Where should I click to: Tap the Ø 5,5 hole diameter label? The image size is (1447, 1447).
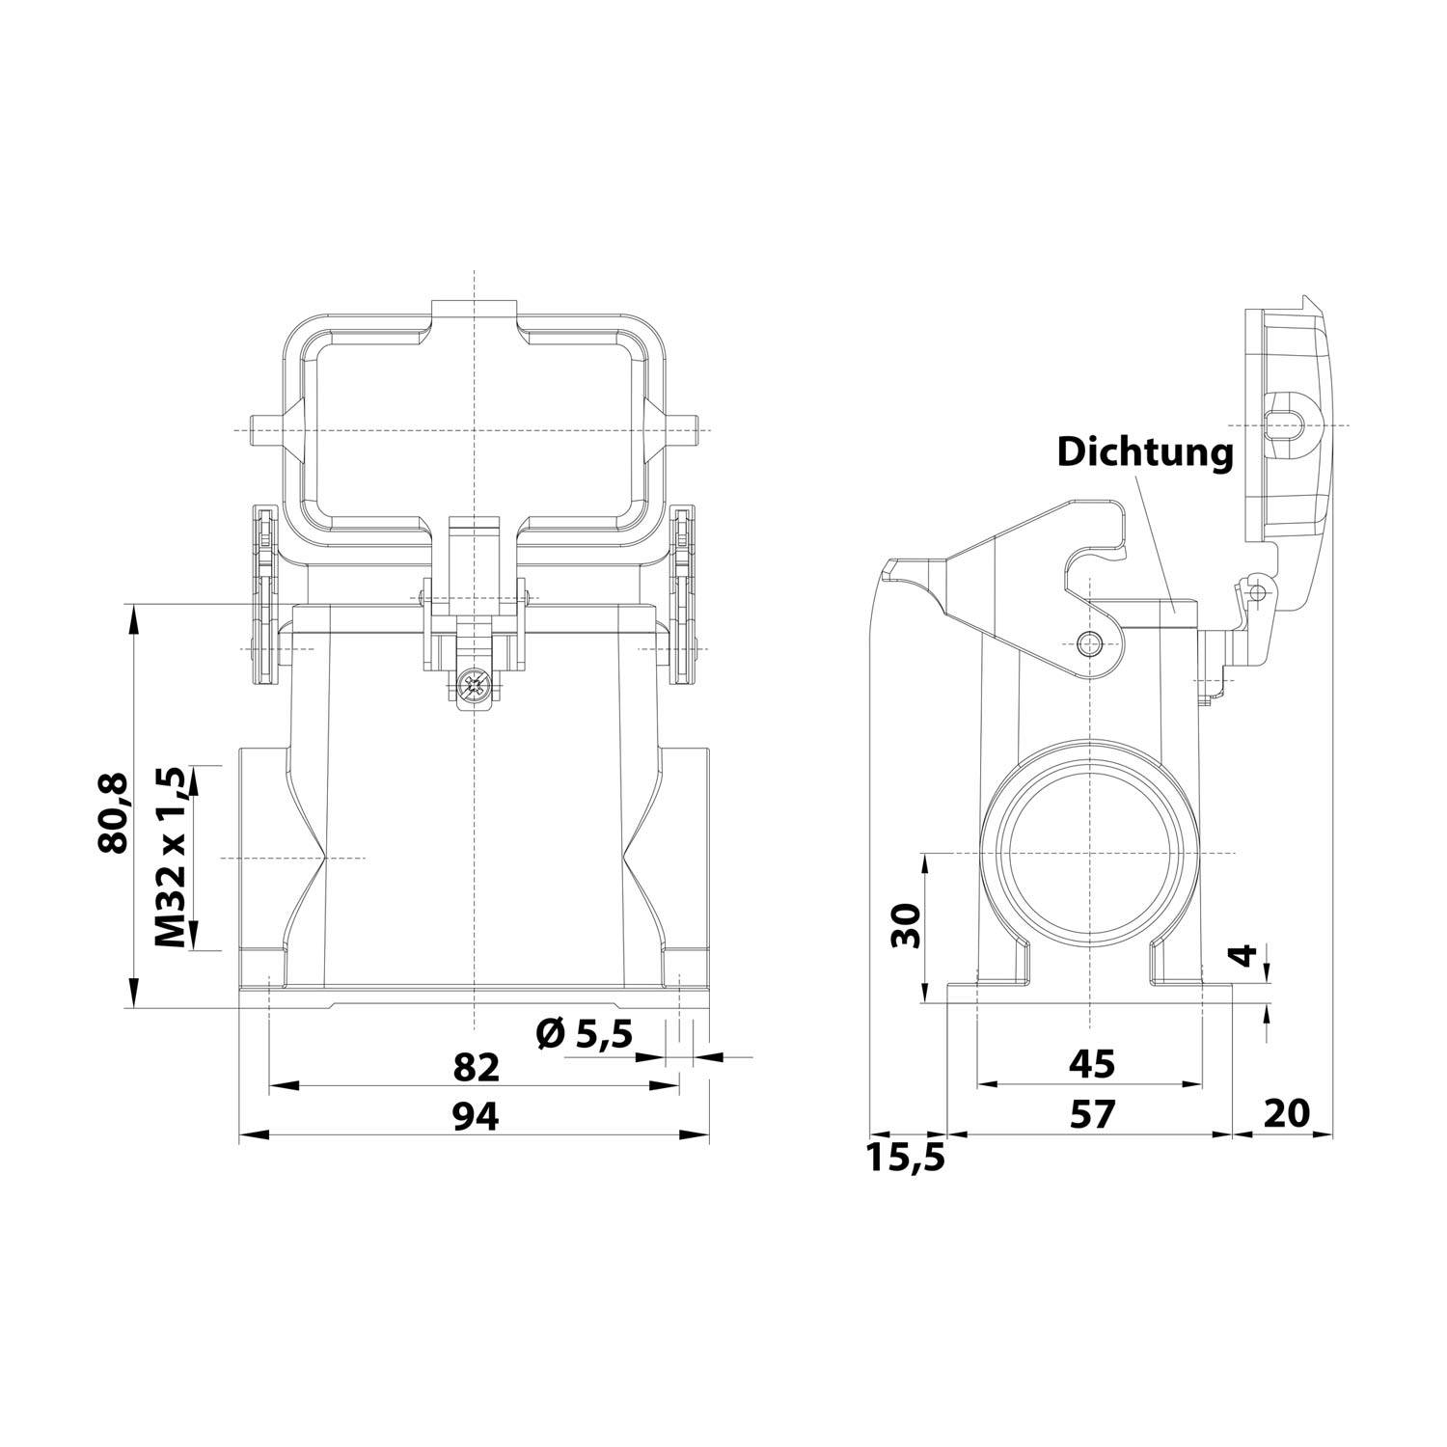584,1035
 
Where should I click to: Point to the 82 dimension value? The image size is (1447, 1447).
477,1068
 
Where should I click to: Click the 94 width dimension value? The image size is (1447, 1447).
477,1117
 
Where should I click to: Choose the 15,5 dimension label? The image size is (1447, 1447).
905,1157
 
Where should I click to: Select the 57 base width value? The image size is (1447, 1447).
1091,1115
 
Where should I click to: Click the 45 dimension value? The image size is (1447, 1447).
1091,1064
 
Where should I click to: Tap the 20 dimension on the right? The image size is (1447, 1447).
1286,1113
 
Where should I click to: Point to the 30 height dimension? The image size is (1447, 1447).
907,927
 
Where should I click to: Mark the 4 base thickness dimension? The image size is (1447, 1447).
1246,956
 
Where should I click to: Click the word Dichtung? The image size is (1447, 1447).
1145,451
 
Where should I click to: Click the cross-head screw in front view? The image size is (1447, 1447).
475,689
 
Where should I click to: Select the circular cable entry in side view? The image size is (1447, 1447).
1089,853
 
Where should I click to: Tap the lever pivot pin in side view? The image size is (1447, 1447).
1089,643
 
